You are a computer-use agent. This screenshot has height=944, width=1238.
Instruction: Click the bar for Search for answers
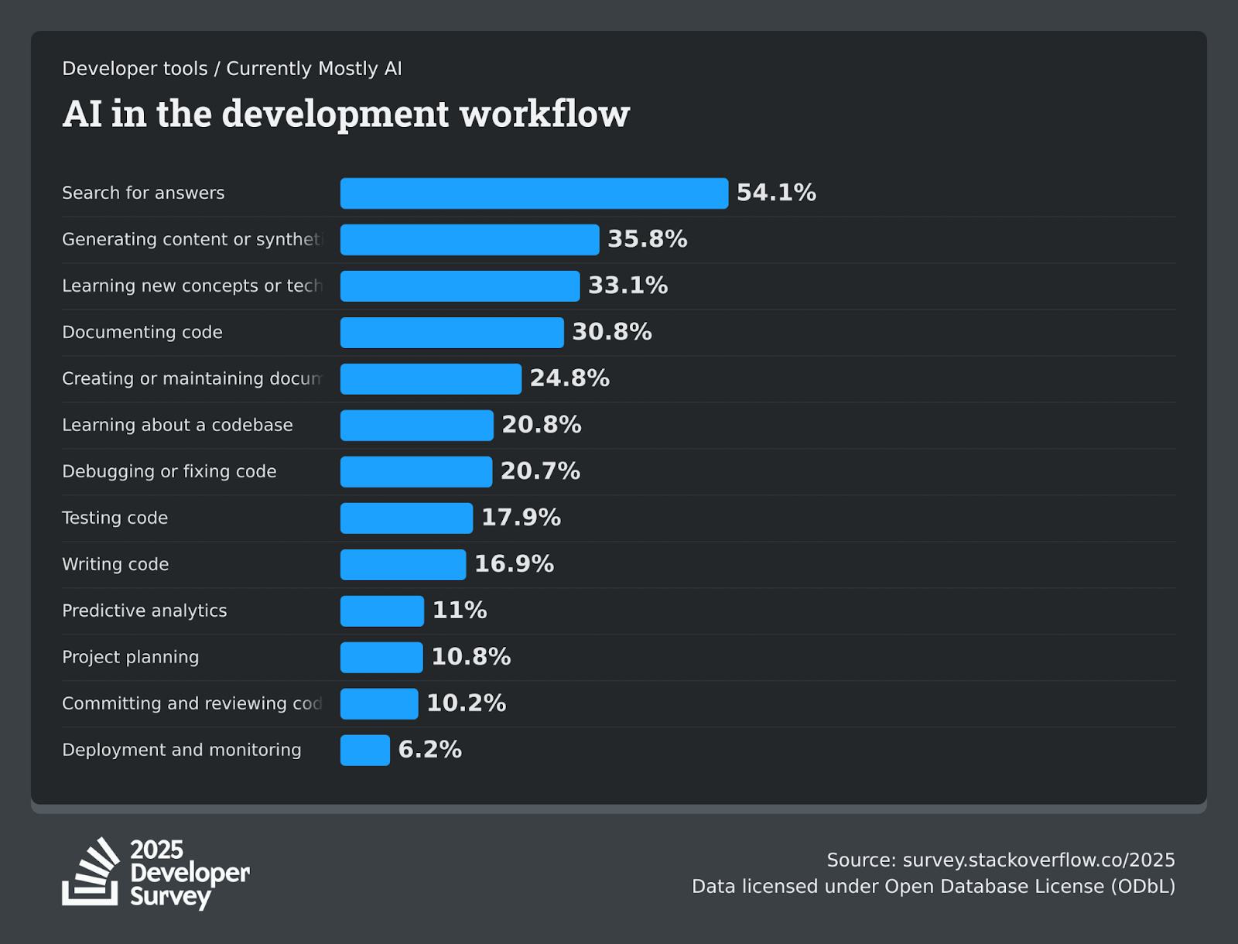point(534,193)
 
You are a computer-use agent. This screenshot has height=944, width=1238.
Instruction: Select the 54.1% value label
point(776,193)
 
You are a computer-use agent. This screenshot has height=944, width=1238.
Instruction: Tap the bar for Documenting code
point(452,333)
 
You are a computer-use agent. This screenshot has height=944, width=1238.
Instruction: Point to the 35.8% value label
point(647,239)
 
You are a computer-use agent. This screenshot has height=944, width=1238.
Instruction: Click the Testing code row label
point(115,518)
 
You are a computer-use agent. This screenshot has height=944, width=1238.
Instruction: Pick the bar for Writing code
point(403,565)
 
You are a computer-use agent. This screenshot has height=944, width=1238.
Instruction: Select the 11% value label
point(460,611)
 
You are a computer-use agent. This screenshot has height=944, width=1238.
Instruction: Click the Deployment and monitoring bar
point(365,751)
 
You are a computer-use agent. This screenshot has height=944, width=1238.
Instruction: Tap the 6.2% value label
point(429,750)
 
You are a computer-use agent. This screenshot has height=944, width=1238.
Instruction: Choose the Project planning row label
point(130,657)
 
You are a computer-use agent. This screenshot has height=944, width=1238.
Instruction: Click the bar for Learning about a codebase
point(416,426)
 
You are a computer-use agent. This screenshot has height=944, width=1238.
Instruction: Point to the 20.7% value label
point(540,471)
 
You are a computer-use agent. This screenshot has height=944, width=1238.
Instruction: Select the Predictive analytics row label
point(144,611)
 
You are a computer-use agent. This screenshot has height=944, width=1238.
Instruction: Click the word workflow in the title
point(545,115)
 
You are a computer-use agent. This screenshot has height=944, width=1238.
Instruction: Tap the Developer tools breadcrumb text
point(135,69)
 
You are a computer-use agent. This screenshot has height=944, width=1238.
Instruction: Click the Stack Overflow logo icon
point(91,872)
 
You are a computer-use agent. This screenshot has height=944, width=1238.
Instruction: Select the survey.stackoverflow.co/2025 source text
point(1038,860)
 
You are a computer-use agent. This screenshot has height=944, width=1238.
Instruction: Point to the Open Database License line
point(933,886)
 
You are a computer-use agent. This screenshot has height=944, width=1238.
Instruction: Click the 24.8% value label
point(569,378)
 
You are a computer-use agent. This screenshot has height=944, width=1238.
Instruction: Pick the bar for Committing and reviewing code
point(379,704)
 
